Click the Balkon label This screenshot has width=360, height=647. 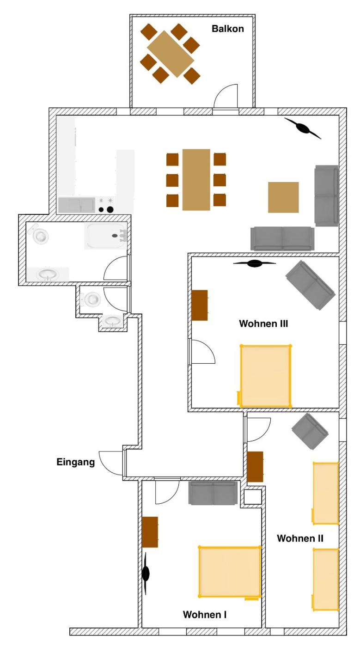click(227, 29)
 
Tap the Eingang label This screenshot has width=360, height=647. click(75, 461)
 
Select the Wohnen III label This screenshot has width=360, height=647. click(263, 323)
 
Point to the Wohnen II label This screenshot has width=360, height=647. click(300, 538)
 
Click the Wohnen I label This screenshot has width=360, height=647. click(204, 615)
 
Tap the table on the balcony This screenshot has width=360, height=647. click(170, 54)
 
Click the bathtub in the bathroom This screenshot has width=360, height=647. click(105, 236)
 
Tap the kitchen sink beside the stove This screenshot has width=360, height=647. click(76, 204)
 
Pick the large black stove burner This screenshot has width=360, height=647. click(110, 209)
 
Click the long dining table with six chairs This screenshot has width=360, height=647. click(196, 179)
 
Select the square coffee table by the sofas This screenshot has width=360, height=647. click(283, 197)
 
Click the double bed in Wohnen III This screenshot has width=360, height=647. click(265, 376)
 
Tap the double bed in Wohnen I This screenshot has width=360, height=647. click(229, 572)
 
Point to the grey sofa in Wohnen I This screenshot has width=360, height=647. click(213, 493)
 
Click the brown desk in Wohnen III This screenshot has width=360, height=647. click(200, 305)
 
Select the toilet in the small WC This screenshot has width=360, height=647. click(92, 299)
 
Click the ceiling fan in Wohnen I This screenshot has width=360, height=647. click(146, 574)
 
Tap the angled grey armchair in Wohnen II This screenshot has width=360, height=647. click(310, 431)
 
